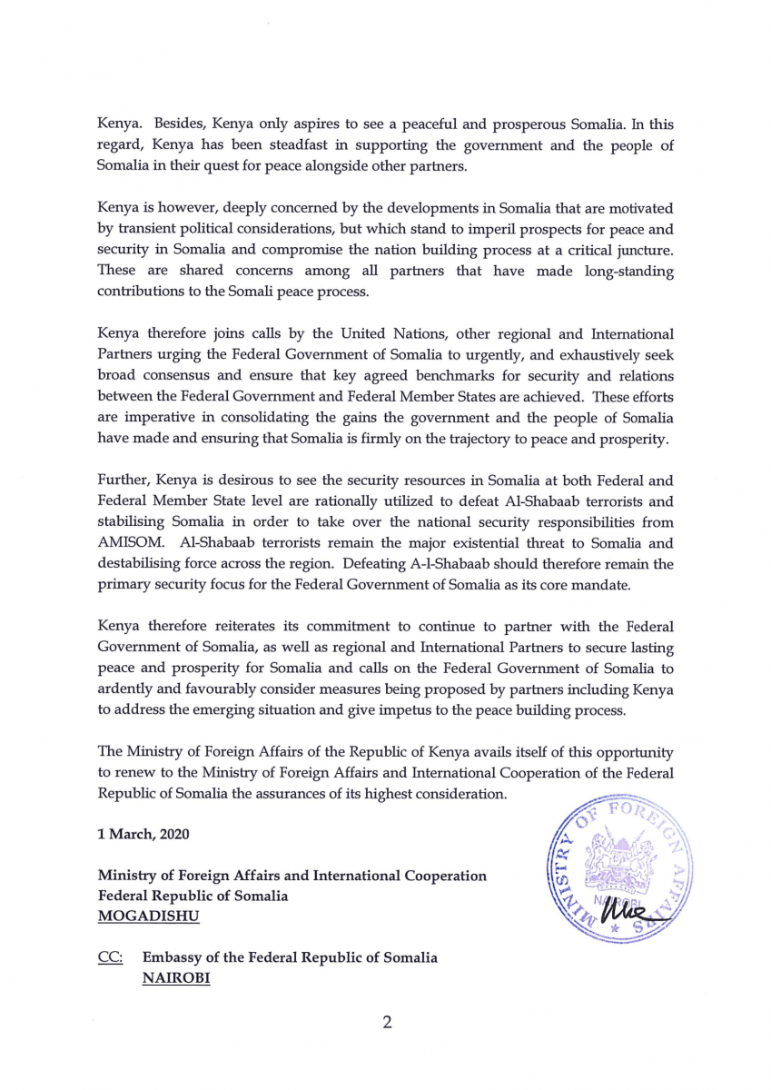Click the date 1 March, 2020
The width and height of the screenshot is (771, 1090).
(143, 835)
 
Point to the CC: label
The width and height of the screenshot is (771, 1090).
(110, 958)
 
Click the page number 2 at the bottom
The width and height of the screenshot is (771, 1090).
(387, 1023)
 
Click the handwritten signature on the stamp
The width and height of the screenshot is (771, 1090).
(641, 904)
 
